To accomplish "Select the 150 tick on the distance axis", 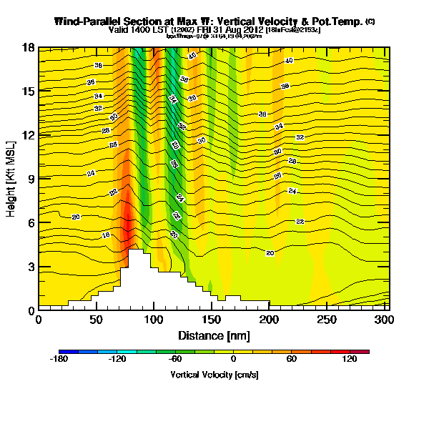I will (x=212, y=310).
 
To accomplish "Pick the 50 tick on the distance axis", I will (x=97, y=310).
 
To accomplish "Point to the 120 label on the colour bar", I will (x=350, y=360).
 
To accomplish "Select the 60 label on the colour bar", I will (x=292, y=360).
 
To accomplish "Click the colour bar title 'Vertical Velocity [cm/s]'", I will (x=214, y=374).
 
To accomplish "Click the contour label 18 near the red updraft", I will (x=106, y=235).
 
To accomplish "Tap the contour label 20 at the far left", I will (x=76, y=217).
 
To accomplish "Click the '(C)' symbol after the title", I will (x=370, y=21).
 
